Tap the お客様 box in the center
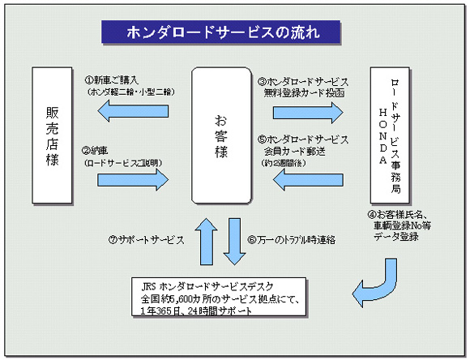tap(221, 135)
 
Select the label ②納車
tap(96, 150)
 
